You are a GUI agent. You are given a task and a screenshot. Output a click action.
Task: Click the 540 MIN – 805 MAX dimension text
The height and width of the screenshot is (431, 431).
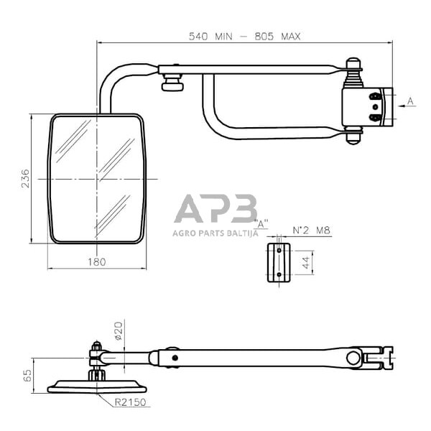click(x=245, y=34)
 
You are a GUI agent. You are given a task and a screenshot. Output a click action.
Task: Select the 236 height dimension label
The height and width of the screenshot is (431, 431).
click(x=26, y=178)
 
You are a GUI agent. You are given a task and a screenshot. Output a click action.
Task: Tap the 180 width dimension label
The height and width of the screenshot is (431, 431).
click(x=96, y=262)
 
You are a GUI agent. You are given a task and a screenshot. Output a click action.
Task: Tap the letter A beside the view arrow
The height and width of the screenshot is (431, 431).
click(x=410, y=102)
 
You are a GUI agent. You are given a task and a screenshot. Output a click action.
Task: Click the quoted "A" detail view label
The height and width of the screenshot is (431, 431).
click(x=262, y=223)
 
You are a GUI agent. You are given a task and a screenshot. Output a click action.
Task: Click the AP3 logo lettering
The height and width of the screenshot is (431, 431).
click(x=215, y=210)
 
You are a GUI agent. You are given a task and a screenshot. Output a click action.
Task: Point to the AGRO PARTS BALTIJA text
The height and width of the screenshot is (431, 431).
click(x=215, y=232)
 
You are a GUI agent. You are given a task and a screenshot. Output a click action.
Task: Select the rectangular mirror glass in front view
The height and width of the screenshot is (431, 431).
click(x=96, y=178)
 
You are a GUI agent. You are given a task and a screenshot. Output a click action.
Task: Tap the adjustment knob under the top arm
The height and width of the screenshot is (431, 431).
click(x=172, y=86)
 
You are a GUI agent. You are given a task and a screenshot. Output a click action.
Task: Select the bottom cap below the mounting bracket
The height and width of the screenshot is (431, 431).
click(x=353, y=138)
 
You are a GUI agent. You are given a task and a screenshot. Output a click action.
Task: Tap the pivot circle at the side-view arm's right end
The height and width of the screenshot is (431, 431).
click(x=352, y=357)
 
